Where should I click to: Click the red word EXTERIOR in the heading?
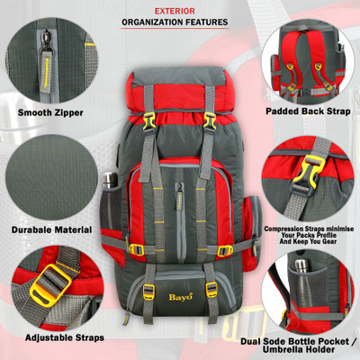pyautogui.click(x=175, y=12)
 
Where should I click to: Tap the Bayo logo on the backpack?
pyautogui.click(x=180, y=297)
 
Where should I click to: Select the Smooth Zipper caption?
pyautogui.click(x=50, y=112)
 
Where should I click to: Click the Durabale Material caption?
pyautogui.click(x=51, y=230)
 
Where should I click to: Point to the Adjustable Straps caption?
pyautogui.click(x=65, y=337)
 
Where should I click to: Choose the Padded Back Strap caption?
pyautogui.click(x=308, y=112)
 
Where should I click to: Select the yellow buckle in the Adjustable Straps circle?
pyautogui.click(x=50, y=286)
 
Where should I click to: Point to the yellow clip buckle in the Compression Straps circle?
pyautogui.click(x=309, y=174)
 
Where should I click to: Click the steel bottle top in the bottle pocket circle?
pyautogui.click(x=301, y=265)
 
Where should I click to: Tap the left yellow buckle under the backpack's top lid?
pyautogui.click(x=149, y=121)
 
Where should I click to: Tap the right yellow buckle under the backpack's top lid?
pyautogui.click(x=210, y=121)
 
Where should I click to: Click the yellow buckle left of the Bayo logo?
pyautogui.click(x=148, y=292)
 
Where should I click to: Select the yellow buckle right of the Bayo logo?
pyautogui.click(x=211, y=290)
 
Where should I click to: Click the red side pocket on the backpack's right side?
pyautogui.click(x=251, y=232)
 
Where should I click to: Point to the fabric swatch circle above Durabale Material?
pyautogui.click(x=51, y=177)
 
